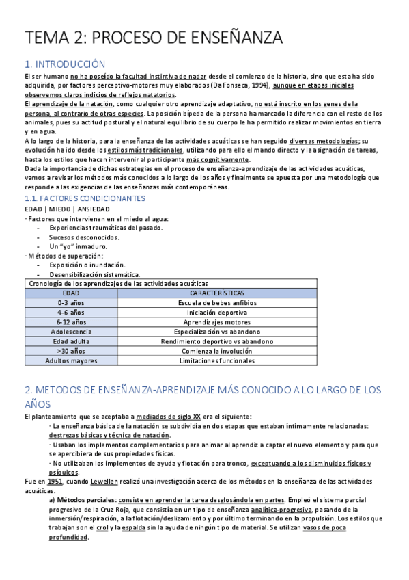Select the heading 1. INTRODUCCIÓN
click(65, 64)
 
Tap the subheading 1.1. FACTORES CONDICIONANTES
click(84, 198)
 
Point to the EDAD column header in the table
click(71, 292)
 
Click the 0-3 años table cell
click(71, 302)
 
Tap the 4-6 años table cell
click(71, 312)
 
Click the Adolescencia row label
click(71, 331)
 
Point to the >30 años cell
click(71, 350)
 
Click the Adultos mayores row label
click(71, 360)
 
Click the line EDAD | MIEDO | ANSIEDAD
click(66, 209)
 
